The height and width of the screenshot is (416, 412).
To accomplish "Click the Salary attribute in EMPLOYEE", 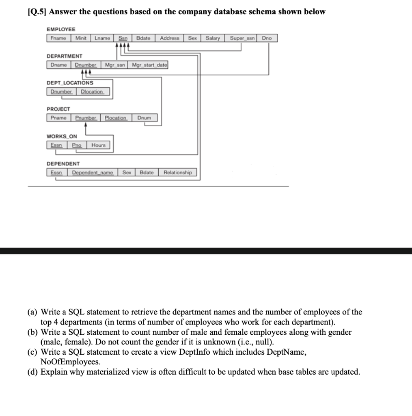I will click(213, 38).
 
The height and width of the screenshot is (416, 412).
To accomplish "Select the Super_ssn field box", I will click(242, 38).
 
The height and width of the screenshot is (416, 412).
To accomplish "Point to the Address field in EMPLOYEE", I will click(170, 38).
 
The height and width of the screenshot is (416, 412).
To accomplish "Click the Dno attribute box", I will click(267, 38).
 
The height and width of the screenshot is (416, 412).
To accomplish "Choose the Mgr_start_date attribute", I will click(149, 65).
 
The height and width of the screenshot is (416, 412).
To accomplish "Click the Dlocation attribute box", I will click(92, 92).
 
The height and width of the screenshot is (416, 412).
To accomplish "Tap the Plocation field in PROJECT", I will click(116, 118).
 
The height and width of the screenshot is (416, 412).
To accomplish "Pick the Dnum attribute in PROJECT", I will click(144, 118).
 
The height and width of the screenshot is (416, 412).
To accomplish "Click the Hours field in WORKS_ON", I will click(98, 145).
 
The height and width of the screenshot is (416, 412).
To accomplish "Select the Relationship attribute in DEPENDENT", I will click(177, 172).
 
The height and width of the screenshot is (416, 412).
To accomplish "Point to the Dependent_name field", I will click(93, 172).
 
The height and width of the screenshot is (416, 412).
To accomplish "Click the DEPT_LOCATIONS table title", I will click(70, 83).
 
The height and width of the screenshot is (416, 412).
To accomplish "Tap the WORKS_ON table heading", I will click(62, 136).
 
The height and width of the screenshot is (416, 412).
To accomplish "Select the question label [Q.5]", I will click(36, 12).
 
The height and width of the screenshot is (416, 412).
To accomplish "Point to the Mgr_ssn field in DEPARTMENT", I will click(114, 65).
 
